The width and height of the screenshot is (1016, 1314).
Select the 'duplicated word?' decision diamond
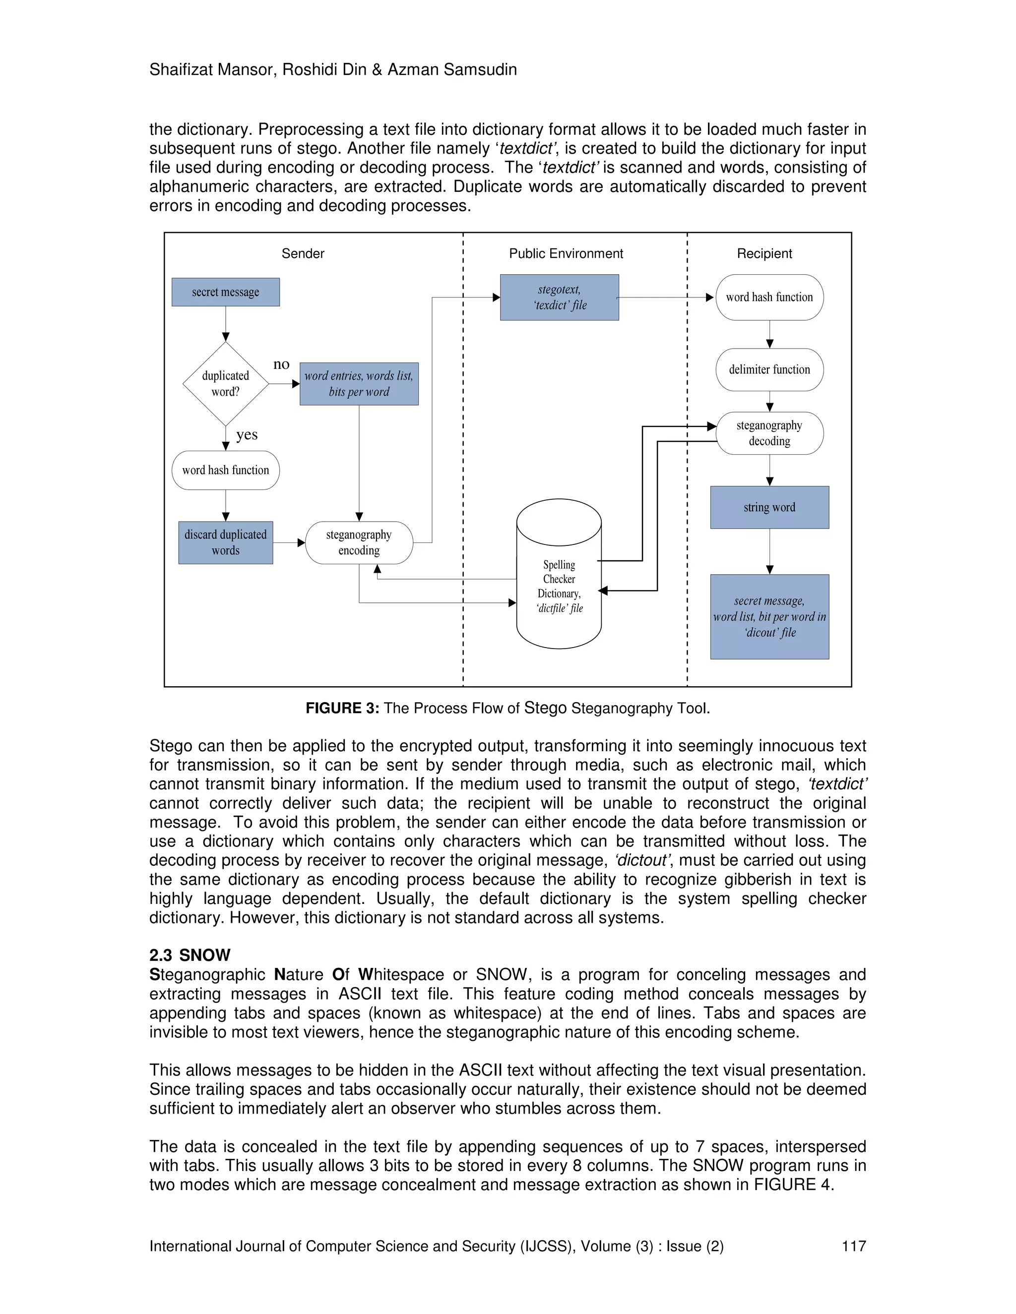point(225,383)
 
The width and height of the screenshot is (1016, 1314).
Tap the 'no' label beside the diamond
point(281,364)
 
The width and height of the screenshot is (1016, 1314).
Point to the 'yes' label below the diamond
point(247,434)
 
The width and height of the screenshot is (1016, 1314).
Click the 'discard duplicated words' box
point(225,542)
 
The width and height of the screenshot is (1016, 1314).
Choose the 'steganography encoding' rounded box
point(359,542)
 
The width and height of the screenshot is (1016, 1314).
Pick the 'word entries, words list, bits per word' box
point(359,383)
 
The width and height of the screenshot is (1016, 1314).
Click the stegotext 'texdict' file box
point(559,297)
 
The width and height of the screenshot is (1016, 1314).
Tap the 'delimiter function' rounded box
point(769,369)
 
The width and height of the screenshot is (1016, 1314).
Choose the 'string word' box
point(769,507)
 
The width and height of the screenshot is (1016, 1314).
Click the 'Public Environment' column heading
point(566,253)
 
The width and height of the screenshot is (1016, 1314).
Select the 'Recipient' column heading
point(764,253)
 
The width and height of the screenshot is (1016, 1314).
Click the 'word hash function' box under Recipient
point(769,297)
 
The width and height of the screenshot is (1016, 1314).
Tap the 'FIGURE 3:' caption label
point(342,708)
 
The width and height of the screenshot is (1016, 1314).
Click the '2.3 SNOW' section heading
point(190,955)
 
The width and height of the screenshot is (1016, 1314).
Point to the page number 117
point(853,1246)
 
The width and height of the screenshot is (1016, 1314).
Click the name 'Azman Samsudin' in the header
point(451,70)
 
